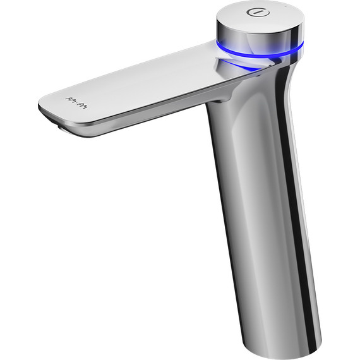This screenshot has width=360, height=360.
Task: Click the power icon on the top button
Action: (x=258, y=12)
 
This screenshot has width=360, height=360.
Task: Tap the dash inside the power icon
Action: (x=258, y=12)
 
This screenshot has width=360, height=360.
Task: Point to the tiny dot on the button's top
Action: (x=285, y=6)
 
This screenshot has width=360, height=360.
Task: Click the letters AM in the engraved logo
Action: (x=70, y=100)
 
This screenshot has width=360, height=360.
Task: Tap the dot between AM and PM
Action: (x=76, y=102)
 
